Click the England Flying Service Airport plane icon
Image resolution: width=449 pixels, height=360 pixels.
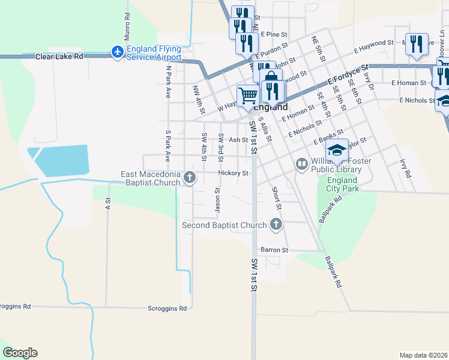click(118, 52)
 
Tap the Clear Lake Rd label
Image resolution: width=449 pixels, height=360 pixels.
click(59, 56)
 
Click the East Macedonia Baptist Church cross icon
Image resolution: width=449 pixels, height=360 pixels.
click(190, 177)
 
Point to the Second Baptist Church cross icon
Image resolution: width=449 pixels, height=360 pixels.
click(276, 225)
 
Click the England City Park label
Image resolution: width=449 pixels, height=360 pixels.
click(342, 184)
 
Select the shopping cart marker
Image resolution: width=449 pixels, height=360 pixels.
click(248, 95)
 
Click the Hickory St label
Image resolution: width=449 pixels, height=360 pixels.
click(234, 173)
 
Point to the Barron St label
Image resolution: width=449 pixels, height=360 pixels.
click(274, 250)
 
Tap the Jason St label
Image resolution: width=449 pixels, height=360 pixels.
click(218, 200)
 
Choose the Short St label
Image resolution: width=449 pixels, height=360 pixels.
click(277, 197)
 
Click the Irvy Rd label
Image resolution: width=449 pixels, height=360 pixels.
click(407, 168)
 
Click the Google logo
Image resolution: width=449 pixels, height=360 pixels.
click(20, 353)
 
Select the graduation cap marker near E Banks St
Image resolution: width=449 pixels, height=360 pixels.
click(337, 150)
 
